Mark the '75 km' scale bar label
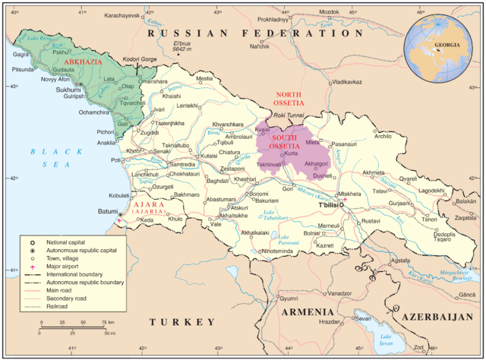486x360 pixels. tap(106, 322)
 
